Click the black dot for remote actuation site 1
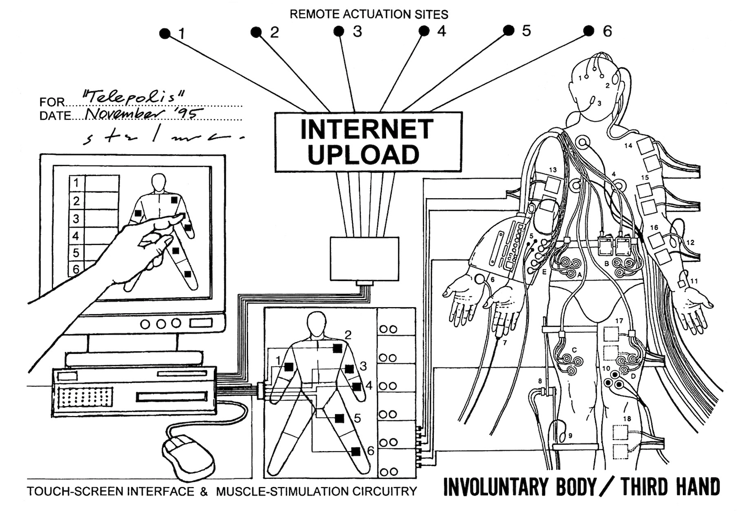click(x=165, y=33)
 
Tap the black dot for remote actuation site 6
click(x=589, y=31)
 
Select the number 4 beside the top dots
click(x=441, y=31)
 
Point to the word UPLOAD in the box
click(x=364, y=154)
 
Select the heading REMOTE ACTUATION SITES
click(x=369, y=14)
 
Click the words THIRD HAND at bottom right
click(x=670, y=487)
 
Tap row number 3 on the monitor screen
click(x=76, y=218)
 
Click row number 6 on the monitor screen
click(x=76, y=269)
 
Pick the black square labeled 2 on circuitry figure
click(x=337, y=348)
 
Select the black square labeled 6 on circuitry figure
click(x=356, y=451)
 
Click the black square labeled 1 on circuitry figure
click(x=289, y=367)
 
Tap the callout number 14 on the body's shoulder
click(x=628, y=145)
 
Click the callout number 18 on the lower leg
click(x=627, y=418)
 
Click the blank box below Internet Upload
click(x=365, y=259)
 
